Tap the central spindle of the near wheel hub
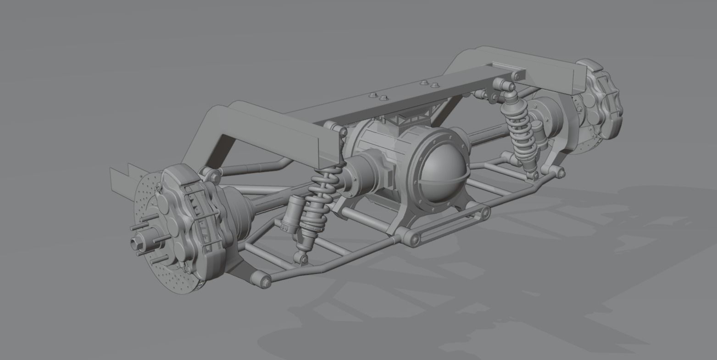tap(138, 242)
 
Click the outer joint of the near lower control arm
tap(261, 279)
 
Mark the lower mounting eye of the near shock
tap(302, 260)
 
